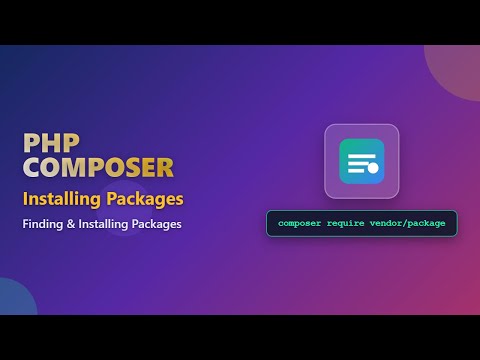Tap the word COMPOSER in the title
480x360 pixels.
(98, 167)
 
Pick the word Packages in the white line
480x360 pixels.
(158, 224)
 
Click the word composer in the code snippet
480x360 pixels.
(302, 222)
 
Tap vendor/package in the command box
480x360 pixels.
(413, 222)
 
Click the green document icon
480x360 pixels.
(361, 161)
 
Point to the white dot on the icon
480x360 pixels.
(373, 167)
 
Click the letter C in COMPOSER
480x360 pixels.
(33, 167)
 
